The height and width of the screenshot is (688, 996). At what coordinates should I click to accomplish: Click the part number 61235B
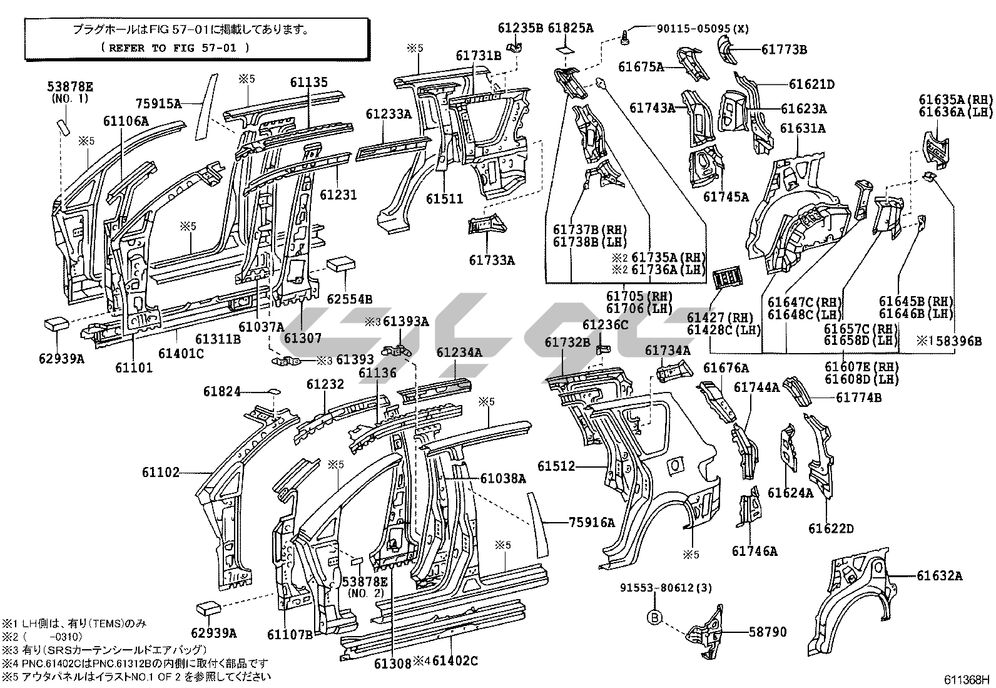(x=520, y=28)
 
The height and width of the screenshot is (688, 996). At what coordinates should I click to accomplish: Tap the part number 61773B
(x=784, y=50)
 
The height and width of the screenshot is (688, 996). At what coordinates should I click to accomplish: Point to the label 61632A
(x=940, y=576)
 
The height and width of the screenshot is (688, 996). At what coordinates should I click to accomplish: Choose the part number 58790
(x=768, y=632)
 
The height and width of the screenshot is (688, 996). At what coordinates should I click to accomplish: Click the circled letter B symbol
(x=653, y=617)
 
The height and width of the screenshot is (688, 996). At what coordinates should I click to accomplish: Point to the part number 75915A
(x=159, y=104)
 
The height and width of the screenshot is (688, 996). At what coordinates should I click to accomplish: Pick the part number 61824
(x=221, y=392)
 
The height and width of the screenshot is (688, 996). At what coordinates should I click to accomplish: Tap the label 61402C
(x=455, y=660)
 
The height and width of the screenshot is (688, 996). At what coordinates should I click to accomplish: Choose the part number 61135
(x=308, y=82)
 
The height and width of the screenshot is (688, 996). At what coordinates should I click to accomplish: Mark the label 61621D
(x=811, y=85)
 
